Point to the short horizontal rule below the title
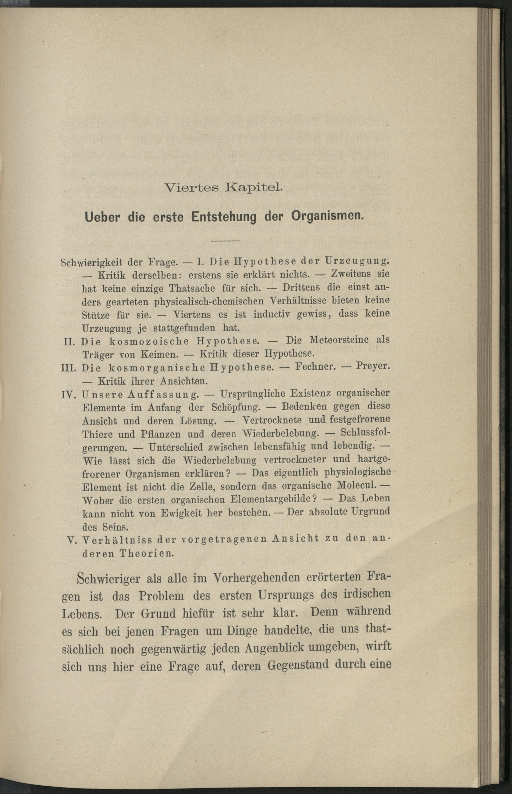tap(226, 240)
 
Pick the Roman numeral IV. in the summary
tap(70, 395)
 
